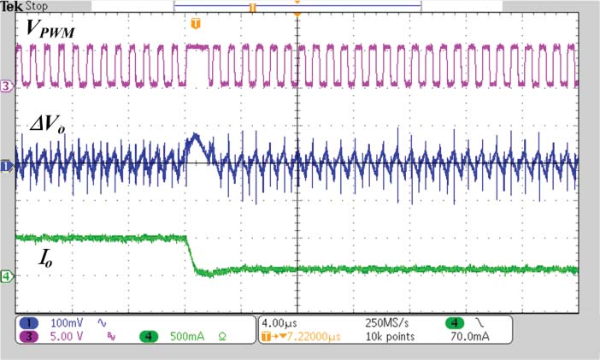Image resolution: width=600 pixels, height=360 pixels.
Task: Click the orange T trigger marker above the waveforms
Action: click(196, 22)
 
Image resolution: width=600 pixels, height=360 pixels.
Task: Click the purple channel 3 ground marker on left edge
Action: click(7, 86)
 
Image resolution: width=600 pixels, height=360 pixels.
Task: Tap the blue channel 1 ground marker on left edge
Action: click(6, 164)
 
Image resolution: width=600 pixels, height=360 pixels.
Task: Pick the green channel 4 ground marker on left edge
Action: click(7, 276)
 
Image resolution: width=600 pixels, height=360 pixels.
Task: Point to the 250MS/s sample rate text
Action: click(385, 324)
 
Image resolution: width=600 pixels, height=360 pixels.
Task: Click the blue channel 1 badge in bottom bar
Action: click(26, 324)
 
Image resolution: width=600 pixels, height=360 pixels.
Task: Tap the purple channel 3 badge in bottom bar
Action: click(26, 338)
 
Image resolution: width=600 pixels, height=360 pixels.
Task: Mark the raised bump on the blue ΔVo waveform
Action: click(194, 139)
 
